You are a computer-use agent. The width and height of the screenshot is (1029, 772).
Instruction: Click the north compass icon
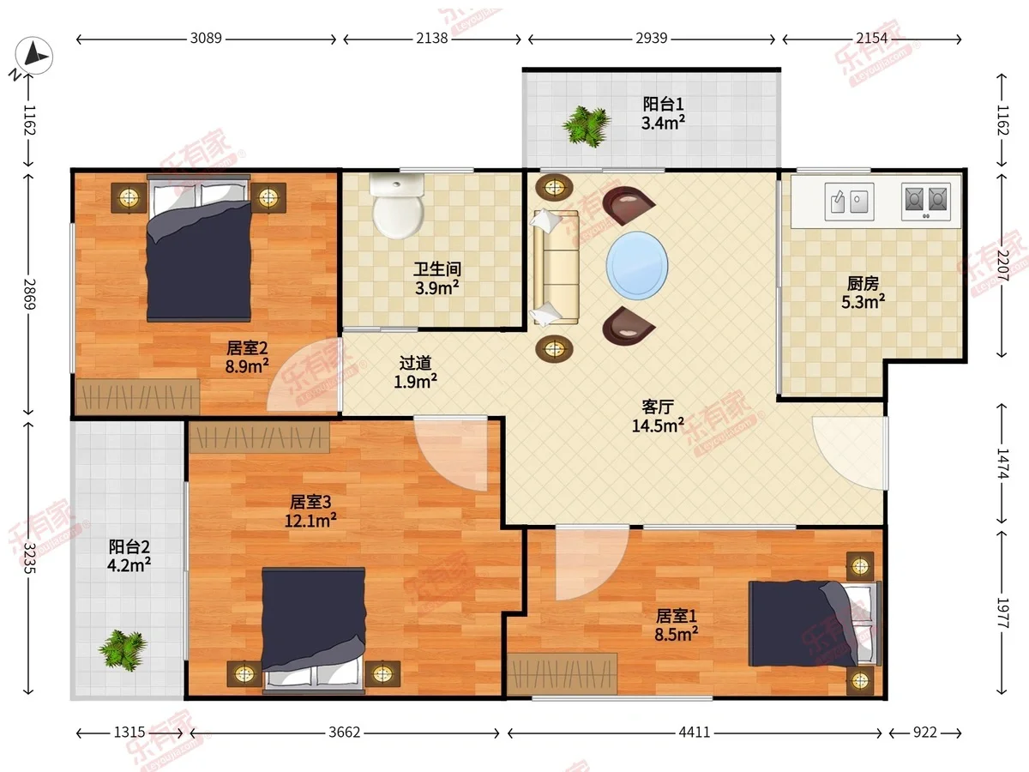(x=33, y=56)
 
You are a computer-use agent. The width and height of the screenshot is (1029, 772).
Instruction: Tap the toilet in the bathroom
(x=398, y=206)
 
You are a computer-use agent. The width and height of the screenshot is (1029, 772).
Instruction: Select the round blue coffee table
(x=636, y=265)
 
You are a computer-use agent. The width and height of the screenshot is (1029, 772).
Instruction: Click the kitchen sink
(x=849, y=202)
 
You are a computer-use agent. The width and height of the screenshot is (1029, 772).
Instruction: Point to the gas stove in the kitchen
(x=926, y=202)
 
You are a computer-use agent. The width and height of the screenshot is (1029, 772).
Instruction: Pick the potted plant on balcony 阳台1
(x=587, y=125)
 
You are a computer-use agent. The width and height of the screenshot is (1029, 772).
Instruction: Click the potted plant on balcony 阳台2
(x=123, y=649)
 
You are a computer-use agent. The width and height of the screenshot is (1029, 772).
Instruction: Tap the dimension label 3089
(x=206, y=38)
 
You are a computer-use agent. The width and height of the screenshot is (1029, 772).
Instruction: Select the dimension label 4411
(x=695, y=733)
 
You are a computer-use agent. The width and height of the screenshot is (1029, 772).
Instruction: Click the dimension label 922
(x=925, y=733)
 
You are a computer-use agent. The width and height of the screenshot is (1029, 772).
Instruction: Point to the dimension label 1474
(x=1002, y=463)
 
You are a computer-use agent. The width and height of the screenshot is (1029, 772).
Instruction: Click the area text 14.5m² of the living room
(x=658, y=425)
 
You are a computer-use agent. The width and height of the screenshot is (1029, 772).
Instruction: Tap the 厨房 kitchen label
(x=863, y=283)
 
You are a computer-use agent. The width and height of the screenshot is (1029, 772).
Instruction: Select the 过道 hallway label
(x=415, y=363)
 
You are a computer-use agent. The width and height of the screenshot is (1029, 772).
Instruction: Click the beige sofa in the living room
(x=556, y=267)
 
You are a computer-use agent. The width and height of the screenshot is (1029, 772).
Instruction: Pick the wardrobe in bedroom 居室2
(x=138, y=396)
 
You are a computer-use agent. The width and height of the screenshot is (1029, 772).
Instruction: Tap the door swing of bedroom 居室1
(x=590, y=563)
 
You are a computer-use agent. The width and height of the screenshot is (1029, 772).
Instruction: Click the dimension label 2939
(x=651, y=38)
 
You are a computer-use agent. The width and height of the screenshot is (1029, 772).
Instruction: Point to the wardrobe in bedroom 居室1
(x=562, y=674)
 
